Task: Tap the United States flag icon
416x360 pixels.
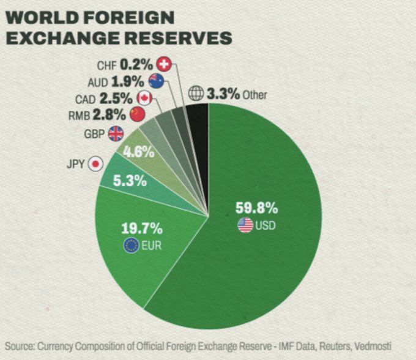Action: point(245,225)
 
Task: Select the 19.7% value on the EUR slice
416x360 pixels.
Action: point(142,229)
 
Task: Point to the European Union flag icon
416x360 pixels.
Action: point(130,246)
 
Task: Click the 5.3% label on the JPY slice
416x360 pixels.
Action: point(129,181)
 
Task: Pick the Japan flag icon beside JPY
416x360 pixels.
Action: point(95,163)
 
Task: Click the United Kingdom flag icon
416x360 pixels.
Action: point(116,133)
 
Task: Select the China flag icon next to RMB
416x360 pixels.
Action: point(137,114)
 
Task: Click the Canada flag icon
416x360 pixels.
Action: point(144,97)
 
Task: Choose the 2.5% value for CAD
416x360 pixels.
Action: point(120,97)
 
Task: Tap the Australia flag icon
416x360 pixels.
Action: point(156,81)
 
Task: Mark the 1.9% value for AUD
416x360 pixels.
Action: point(131,81)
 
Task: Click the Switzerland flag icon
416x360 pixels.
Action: point(164,64)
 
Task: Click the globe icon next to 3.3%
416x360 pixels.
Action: point(196,94)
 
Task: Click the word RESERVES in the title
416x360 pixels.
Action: point(173,37)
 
